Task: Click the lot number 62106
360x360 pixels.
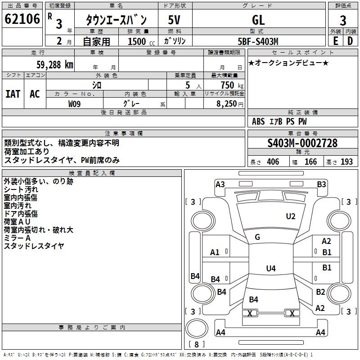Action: (x=22, y=20)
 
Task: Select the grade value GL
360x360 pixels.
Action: (x=258, y=20)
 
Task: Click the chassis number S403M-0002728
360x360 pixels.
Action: (x=302, y=144)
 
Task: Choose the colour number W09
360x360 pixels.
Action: (x=75, y=103)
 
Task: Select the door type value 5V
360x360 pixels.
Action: (x=175, y=20)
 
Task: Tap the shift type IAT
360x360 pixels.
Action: (x=13, y=94)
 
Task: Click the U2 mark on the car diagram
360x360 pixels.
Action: (x=291, y=216)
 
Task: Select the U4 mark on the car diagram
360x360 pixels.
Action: (x=270, y=269)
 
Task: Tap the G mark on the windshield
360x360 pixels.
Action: (x=257, y=237)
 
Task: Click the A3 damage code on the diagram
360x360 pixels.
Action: (x=220, y=184)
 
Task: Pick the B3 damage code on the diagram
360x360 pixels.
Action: (x=321, y=184)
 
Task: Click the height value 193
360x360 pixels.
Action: (x=347, y=162)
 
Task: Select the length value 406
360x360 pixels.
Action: (x=273, y=162)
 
